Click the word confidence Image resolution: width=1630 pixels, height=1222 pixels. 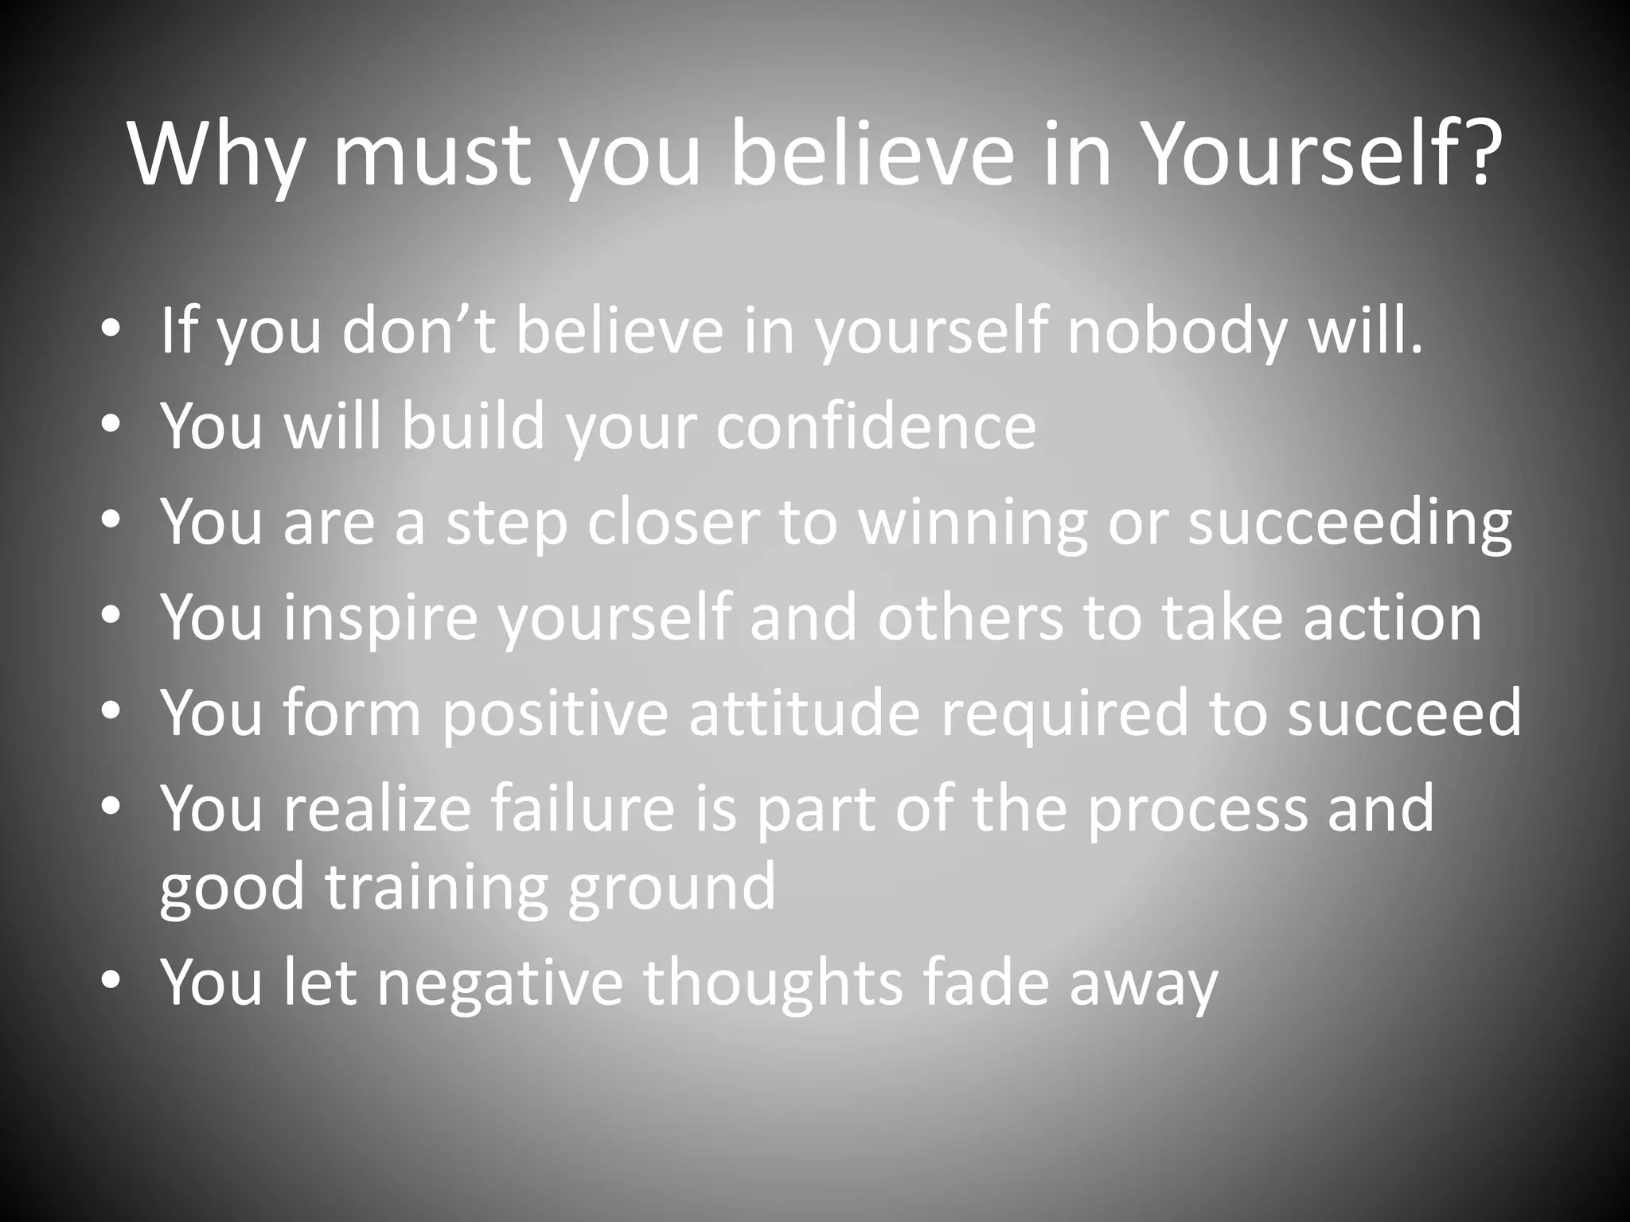(875, 426)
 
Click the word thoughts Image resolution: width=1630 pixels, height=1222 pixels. (773, 983)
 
